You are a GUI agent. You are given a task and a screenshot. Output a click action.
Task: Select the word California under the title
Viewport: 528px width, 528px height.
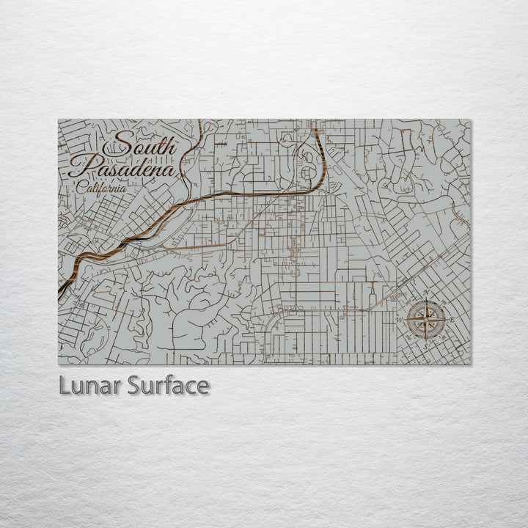pos(100,188)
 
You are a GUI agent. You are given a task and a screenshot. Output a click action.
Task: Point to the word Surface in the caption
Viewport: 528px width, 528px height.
pos(168,386)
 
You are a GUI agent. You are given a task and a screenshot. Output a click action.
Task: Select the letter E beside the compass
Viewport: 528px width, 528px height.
pos(452,320)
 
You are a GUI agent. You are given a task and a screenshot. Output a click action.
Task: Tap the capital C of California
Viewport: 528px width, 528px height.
pos(79,188)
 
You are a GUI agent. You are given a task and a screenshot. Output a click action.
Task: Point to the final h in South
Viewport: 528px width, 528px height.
pos(170,147)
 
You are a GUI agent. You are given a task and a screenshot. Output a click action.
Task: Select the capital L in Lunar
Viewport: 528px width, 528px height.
pos(64,386)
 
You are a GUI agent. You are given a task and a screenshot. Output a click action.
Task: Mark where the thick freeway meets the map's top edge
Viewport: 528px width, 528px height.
pos(315,121)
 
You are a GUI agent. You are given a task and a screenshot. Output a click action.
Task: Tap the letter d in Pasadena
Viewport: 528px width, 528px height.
pos(139,169)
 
